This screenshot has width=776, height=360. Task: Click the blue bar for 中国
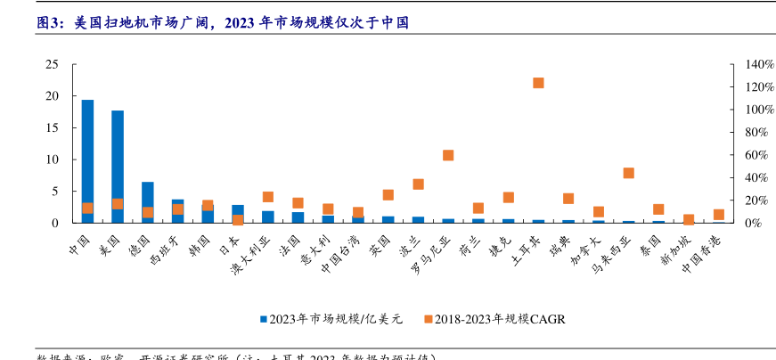[87, 160]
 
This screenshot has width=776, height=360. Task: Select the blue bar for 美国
[118, 166]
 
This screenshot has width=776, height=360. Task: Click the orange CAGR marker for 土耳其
[538, 83]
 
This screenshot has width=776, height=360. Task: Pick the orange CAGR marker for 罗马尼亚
[448, 155]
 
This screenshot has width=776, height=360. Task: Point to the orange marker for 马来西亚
[628, 173]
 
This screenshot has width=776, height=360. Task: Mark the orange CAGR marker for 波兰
[418, 184]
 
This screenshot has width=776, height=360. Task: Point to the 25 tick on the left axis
[52, 64]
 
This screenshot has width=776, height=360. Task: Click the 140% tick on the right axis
[746, 64]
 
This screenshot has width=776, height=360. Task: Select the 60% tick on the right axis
[743, 155]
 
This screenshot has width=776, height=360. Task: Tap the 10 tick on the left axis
[52, 160]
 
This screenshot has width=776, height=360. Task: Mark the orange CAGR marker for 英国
[388, 195]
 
